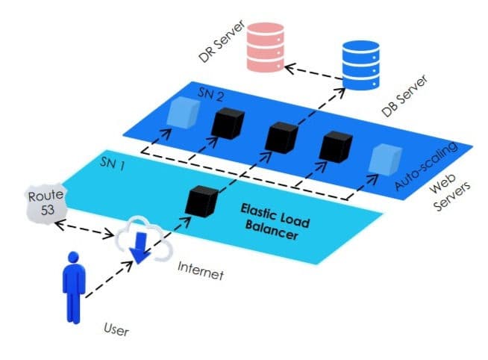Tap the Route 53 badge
click(42, 202)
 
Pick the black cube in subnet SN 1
click(203, 199)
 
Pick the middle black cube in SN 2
click(281, 136)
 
